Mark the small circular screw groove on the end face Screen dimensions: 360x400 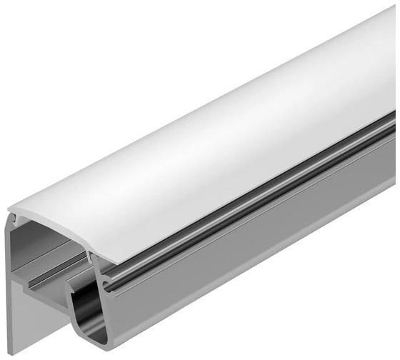point(106,286)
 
